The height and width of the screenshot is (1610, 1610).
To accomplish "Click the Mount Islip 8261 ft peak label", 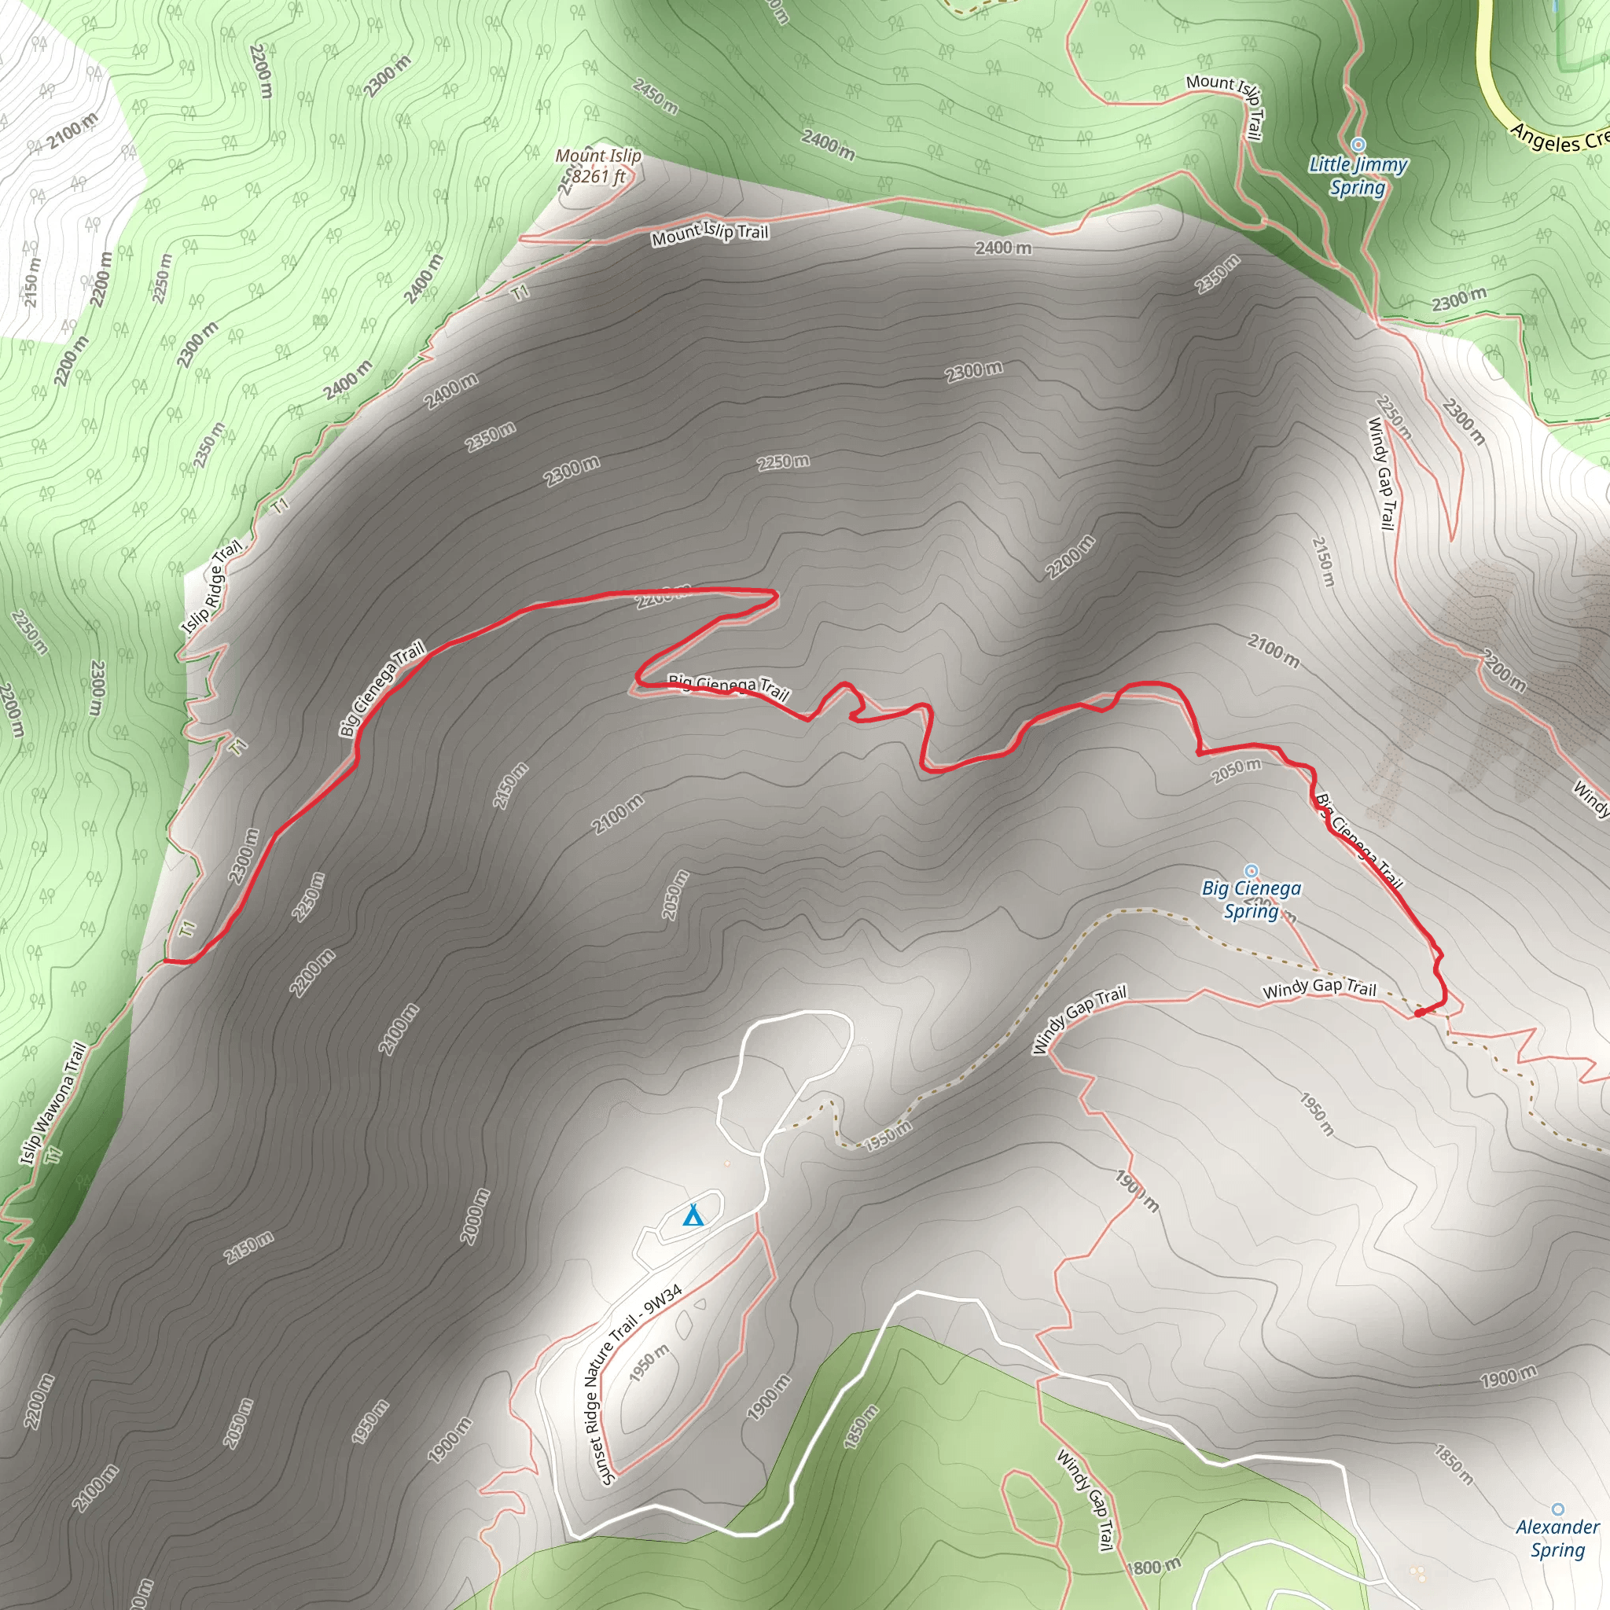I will tap(598, 166).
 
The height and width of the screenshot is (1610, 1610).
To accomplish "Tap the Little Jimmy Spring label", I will tap(1358, 176).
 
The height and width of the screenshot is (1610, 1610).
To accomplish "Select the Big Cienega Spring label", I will tap(1251, 900).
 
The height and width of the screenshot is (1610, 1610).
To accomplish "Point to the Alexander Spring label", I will tap(1557, 1538).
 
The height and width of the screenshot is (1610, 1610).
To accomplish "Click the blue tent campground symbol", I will tap(693, 1216).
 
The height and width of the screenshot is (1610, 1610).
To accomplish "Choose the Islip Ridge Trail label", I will tap(212, 585).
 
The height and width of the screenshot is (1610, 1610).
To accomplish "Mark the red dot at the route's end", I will tap(1419, 1013).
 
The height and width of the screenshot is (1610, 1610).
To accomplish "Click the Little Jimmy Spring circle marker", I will tap(1358, 144).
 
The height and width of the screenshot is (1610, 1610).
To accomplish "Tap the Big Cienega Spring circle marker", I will tap(1251, 871).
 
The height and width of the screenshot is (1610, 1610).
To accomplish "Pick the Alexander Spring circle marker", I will tap(1557, 1509).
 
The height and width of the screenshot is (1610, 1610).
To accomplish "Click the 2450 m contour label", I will tap(655, 96).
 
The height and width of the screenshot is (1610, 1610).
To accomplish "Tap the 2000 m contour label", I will tap(476, 1217).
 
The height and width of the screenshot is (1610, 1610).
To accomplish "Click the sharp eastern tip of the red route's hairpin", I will tap(777, 594).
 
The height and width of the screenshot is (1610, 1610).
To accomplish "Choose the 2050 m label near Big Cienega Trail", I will tap(1237, 771).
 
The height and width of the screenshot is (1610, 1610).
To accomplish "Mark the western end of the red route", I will tap(166, 961).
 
